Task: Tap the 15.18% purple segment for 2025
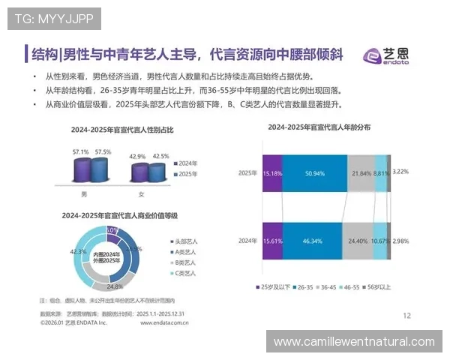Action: [272, 172]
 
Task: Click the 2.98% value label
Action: [401, 241]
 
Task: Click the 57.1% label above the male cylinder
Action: [80, 152]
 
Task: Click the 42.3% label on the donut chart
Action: [76, 252]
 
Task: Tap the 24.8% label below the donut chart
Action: [115, 286]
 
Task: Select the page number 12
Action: [407, 316]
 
